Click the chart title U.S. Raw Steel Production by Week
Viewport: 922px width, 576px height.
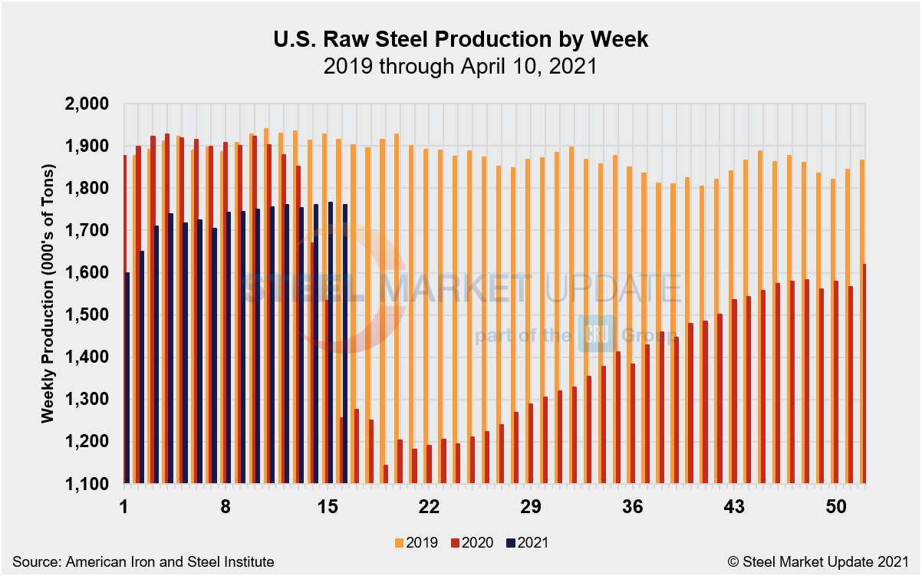pos(460,40)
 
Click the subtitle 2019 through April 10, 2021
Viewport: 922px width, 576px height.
pos(460,66)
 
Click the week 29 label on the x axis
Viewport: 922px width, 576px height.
pos(531,507)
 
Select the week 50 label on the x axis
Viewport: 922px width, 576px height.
pos(836,507)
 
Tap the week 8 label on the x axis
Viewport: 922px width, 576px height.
pos(226,507)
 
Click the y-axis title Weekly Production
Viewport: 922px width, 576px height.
pos(48,293)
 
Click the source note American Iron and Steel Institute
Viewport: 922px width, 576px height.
pos(143,562)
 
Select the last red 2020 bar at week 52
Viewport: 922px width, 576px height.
pos(864,374)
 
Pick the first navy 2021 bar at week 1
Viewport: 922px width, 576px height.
pos(127,378)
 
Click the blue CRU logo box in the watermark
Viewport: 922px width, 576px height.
pos(592,334)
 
